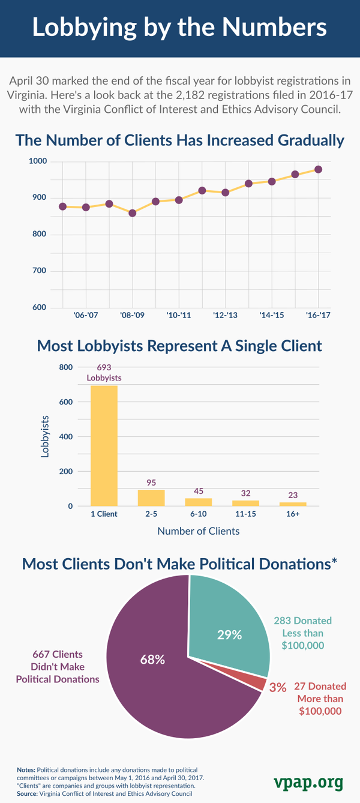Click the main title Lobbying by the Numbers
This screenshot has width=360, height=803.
click(x=180, y=28)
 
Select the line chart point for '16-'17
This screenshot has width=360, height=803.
click(x=318, y=169)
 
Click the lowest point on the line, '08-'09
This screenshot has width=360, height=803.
click(x=133, y=212)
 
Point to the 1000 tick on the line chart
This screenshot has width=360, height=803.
click(x=37, y=161)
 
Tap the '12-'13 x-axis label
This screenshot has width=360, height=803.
click(x=225, y=314)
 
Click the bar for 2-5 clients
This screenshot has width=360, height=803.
click(x=151, y=498)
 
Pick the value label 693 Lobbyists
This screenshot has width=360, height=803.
click(x=104, y=372)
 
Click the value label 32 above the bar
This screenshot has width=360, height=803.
click(x=245, y=493)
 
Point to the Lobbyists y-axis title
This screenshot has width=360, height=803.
click(x=45, y=437)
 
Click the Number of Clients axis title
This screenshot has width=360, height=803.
click(x=198, y=531)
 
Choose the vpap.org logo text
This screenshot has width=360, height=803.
click(x=308, y=783)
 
